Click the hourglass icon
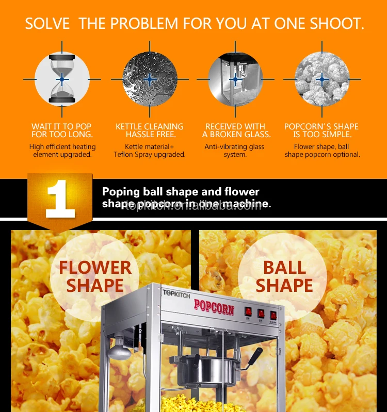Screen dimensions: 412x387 (62, 79)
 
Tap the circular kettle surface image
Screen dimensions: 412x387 (150, 79)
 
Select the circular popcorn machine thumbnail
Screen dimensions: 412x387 (235, 79)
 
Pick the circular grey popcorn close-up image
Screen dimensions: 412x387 (322, 79)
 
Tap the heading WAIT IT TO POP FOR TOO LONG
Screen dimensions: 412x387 (62, 130)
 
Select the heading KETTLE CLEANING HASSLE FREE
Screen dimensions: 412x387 (150, 130)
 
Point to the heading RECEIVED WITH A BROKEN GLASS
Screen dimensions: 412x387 (236, 130)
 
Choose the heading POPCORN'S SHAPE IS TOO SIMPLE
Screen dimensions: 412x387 (322, 130)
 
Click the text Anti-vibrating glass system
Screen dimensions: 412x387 (235, 151)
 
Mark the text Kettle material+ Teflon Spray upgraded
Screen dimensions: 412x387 (150, 151)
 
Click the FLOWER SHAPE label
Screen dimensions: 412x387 (95, 276)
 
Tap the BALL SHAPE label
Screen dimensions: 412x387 (284, 276)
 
